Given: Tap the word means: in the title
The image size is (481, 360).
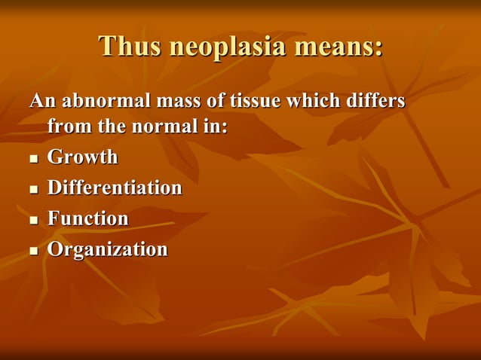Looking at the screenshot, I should tap(338, 47).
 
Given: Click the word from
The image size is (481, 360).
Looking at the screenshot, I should tap(69, 127).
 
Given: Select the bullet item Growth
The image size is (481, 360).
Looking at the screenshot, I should tap(83, 157).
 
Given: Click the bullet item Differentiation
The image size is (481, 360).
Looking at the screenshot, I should tap(115, 188).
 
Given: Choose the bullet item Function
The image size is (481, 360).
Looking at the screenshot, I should tap(87, 218).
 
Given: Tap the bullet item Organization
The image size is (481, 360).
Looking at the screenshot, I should tap(107, 249).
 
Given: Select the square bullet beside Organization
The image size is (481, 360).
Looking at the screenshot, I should tap(33, 251).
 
